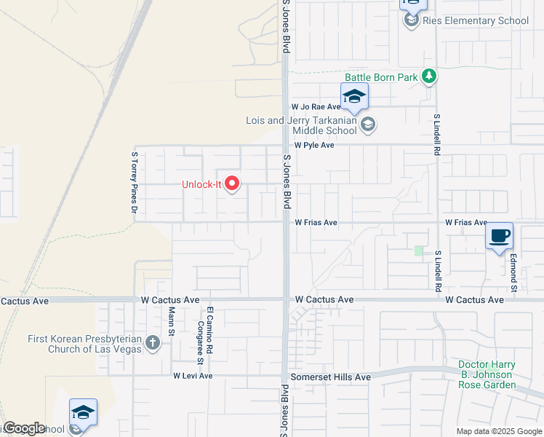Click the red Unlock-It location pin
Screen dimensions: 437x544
(x=232, y=184)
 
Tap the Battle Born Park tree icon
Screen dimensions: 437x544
(x=430, y=76)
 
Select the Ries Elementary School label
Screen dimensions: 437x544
(x=476, y=20)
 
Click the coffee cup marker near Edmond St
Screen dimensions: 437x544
(x=500, y=237)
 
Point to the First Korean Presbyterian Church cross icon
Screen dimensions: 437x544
(x=152, y=342)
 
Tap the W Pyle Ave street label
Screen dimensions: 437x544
(x=313, y=145)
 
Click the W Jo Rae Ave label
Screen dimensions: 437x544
(x=316, y=106)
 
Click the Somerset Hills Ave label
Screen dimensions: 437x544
(x=331, y=377)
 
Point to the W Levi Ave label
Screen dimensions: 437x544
(x=193, y=376)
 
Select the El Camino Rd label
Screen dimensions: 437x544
(x=209, y=325)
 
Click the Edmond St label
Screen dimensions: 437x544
(x=513, y=269)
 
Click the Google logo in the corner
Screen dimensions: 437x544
(x=23, y=428)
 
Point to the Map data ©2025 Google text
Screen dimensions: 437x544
(x=498, y=431)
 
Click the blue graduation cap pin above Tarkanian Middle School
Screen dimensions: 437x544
(x=354, y=96)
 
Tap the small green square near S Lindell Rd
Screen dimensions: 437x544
(x=418, y=251)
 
